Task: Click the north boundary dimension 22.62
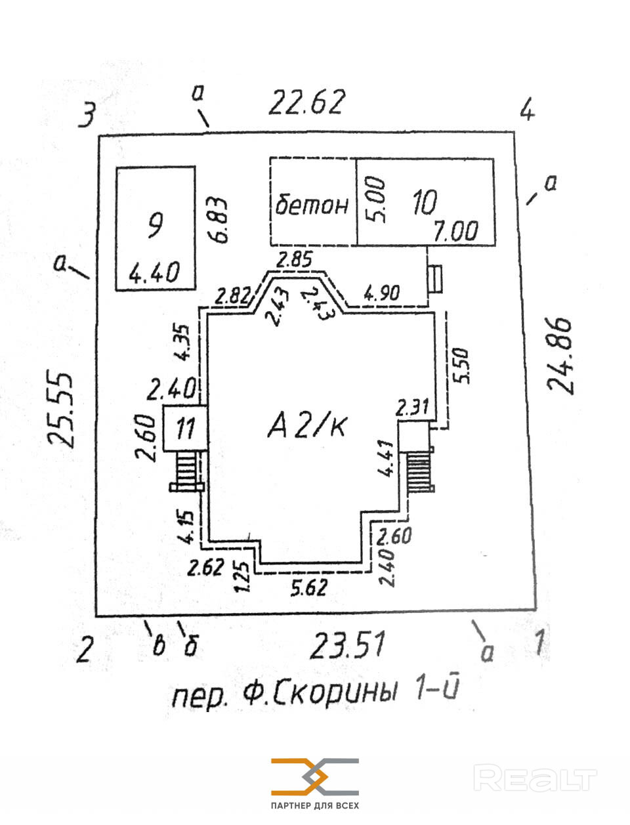coord(306,102)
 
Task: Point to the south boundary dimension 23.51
coord(347,645)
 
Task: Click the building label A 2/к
coord(308,427)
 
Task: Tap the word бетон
coord(312,205)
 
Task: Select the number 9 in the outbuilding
coord(156,226)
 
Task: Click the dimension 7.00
coord(455,231)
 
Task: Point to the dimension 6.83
coord(219,221)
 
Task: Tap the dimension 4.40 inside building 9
coord(154,271)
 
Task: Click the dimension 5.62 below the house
coord(308,586)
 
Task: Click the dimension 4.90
coord(381,293)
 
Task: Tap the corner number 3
coord(87,115)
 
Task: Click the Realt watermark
coord(535,779)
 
